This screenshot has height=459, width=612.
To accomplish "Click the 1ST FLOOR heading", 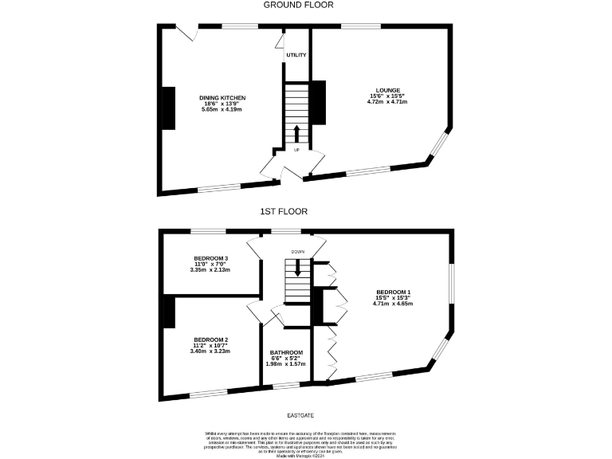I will (284, 212).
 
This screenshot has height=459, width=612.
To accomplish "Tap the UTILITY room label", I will (296, 55).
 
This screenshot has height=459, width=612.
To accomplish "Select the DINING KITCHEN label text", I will (222, 98).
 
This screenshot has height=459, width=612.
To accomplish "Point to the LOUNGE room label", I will (388, 90).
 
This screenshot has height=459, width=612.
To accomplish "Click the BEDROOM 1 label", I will (393, 292).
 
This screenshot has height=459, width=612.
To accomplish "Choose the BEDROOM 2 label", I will (210, 339).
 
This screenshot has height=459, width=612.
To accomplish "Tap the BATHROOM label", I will (285, 353).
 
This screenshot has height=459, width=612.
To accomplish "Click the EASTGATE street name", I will (300, 415).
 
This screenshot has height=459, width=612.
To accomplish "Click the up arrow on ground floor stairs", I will (296, 133).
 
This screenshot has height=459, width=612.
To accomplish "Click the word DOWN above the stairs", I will (298, 252).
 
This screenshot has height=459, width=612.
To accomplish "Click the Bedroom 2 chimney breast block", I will (169, 311).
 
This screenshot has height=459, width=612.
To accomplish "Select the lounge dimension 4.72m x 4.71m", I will (387, 102).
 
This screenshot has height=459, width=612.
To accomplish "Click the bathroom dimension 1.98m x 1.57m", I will (285, 365).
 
